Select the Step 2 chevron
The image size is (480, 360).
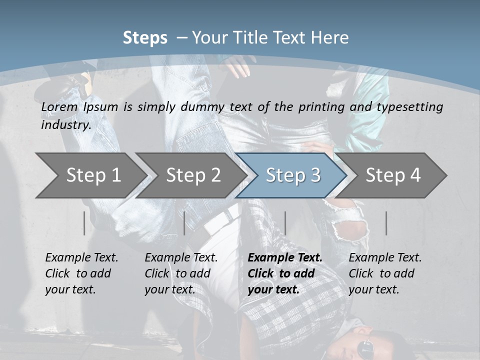pyautogui.click(x=193, y=175)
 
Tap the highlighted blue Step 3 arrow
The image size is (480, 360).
pyautogui.click(x=293, y=175)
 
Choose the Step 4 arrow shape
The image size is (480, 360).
pyautogui.click(x=393, y=175)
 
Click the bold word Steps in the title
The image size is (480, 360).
pyautogui.click(x=145, y=38)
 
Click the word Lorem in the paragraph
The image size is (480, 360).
pyautogui.click(x=59, y=107)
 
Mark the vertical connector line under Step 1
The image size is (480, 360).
pyautogui.click(x=84, y=223)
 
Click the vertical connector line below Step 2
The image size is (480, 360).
pyautogui.click(x=184, y=223)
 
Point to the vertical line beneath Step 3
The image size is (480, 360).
pyautogui.click(x=285, y=223)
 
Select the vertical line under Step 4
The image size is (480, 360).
pyautogui.click(x=386, y=223)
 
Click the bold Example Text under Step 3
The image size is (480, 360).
pyautogui.click(x=285, y=258)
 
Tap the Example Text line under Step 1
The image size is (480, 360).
pyautogui.click(x=81, y=258)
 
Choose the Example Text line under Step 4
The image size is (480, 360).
pyautogui.click(x=385, y=258)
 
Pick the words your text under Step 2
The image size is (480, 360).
pyautogui.click(x=170, y=289)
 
